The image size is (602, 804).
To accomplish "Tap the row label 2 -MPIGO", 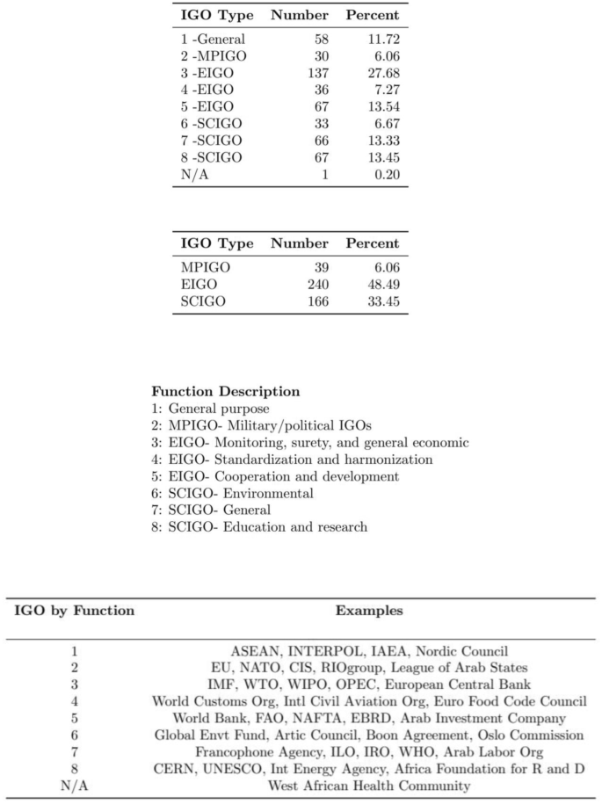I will point(214,56).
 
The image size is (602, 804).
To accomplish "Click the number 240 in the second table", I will point(316,285).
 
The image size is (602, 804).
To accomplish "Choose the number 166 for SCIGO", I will point(316,301).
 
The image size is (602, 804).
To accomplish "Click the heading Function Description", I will point(225,391).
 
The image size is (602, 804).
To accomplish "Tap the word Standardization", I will point(270,460).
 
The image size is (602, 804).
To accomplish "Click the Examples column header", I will point(368,610).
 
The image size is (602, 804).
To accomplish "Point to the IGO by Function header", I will point(74,610).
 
